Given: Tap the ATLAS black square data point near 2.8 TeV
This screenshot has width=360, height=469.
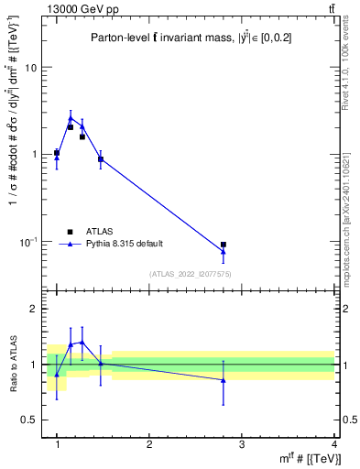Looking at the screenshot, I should tap(224, 245).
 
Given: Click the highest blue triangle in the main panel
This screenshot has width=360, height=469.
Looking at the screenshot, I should tap(71, 117).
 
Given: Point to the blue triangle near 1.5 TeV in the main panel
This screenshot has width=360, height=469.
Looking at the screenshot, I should tap(100, 159).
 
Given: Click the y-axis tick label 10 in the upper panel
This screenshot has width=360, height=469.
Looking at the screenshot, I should tap(30, 69).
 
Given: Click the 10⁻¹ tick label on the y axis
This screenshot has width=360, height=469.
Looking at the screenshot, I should tap(28, 242).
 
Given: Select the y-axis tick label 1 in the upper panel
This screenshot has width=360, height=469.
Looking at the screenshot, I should tap(34, 155).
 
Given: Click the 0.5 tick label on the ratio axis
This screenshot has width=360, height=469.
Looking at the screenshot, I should tap(29, 420).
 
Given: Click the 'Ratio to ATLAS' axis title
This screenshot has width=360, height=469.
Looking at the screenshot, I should tap(11, 365).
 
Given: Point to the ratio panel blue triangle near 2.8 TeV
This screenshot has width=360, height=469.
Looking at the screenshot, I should tap(224, 379).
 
